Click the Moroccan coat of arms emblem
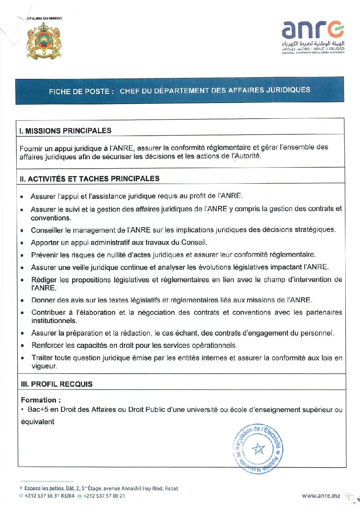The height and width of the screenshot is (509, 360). (x=44, y=41)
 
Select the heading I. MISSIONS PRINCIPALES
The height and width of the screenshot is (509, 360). (x=65, y=131)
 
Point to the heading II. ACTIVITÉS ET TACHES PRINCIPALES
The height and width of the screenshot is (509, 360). (x=89, y=179)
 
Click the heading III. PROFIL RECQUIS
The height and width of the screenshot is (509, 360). (x=56, y=384)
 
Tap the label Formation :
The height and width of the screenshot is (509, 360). (x=41, y=400)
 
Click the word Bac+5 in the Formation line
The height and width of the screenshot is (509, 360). (x=38, y=410)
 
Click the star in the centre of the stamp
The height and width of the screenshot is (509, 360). (x=258, y=449)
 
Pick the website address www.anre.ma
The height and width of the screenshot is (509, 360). (x=321, y=496)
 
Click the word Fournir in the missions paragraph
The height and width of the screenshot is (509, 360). (x=31, y=149)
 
